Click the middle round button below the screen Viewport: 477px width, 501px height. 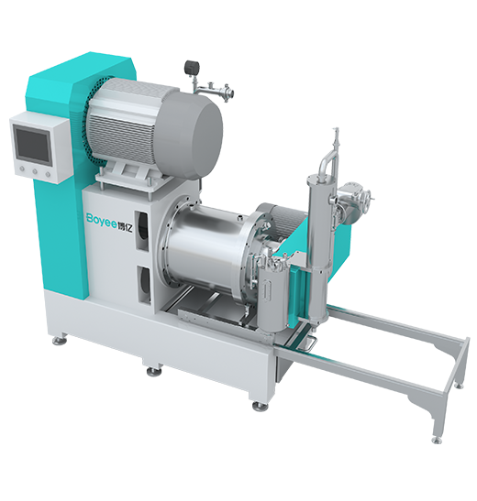point(35,172)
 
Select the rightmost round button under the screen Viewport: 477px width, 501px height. point(48,175)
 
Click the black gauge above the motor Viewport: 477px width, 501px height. point(190,67)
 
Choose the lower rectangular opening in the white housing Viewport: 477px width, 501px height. point(144,285)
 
